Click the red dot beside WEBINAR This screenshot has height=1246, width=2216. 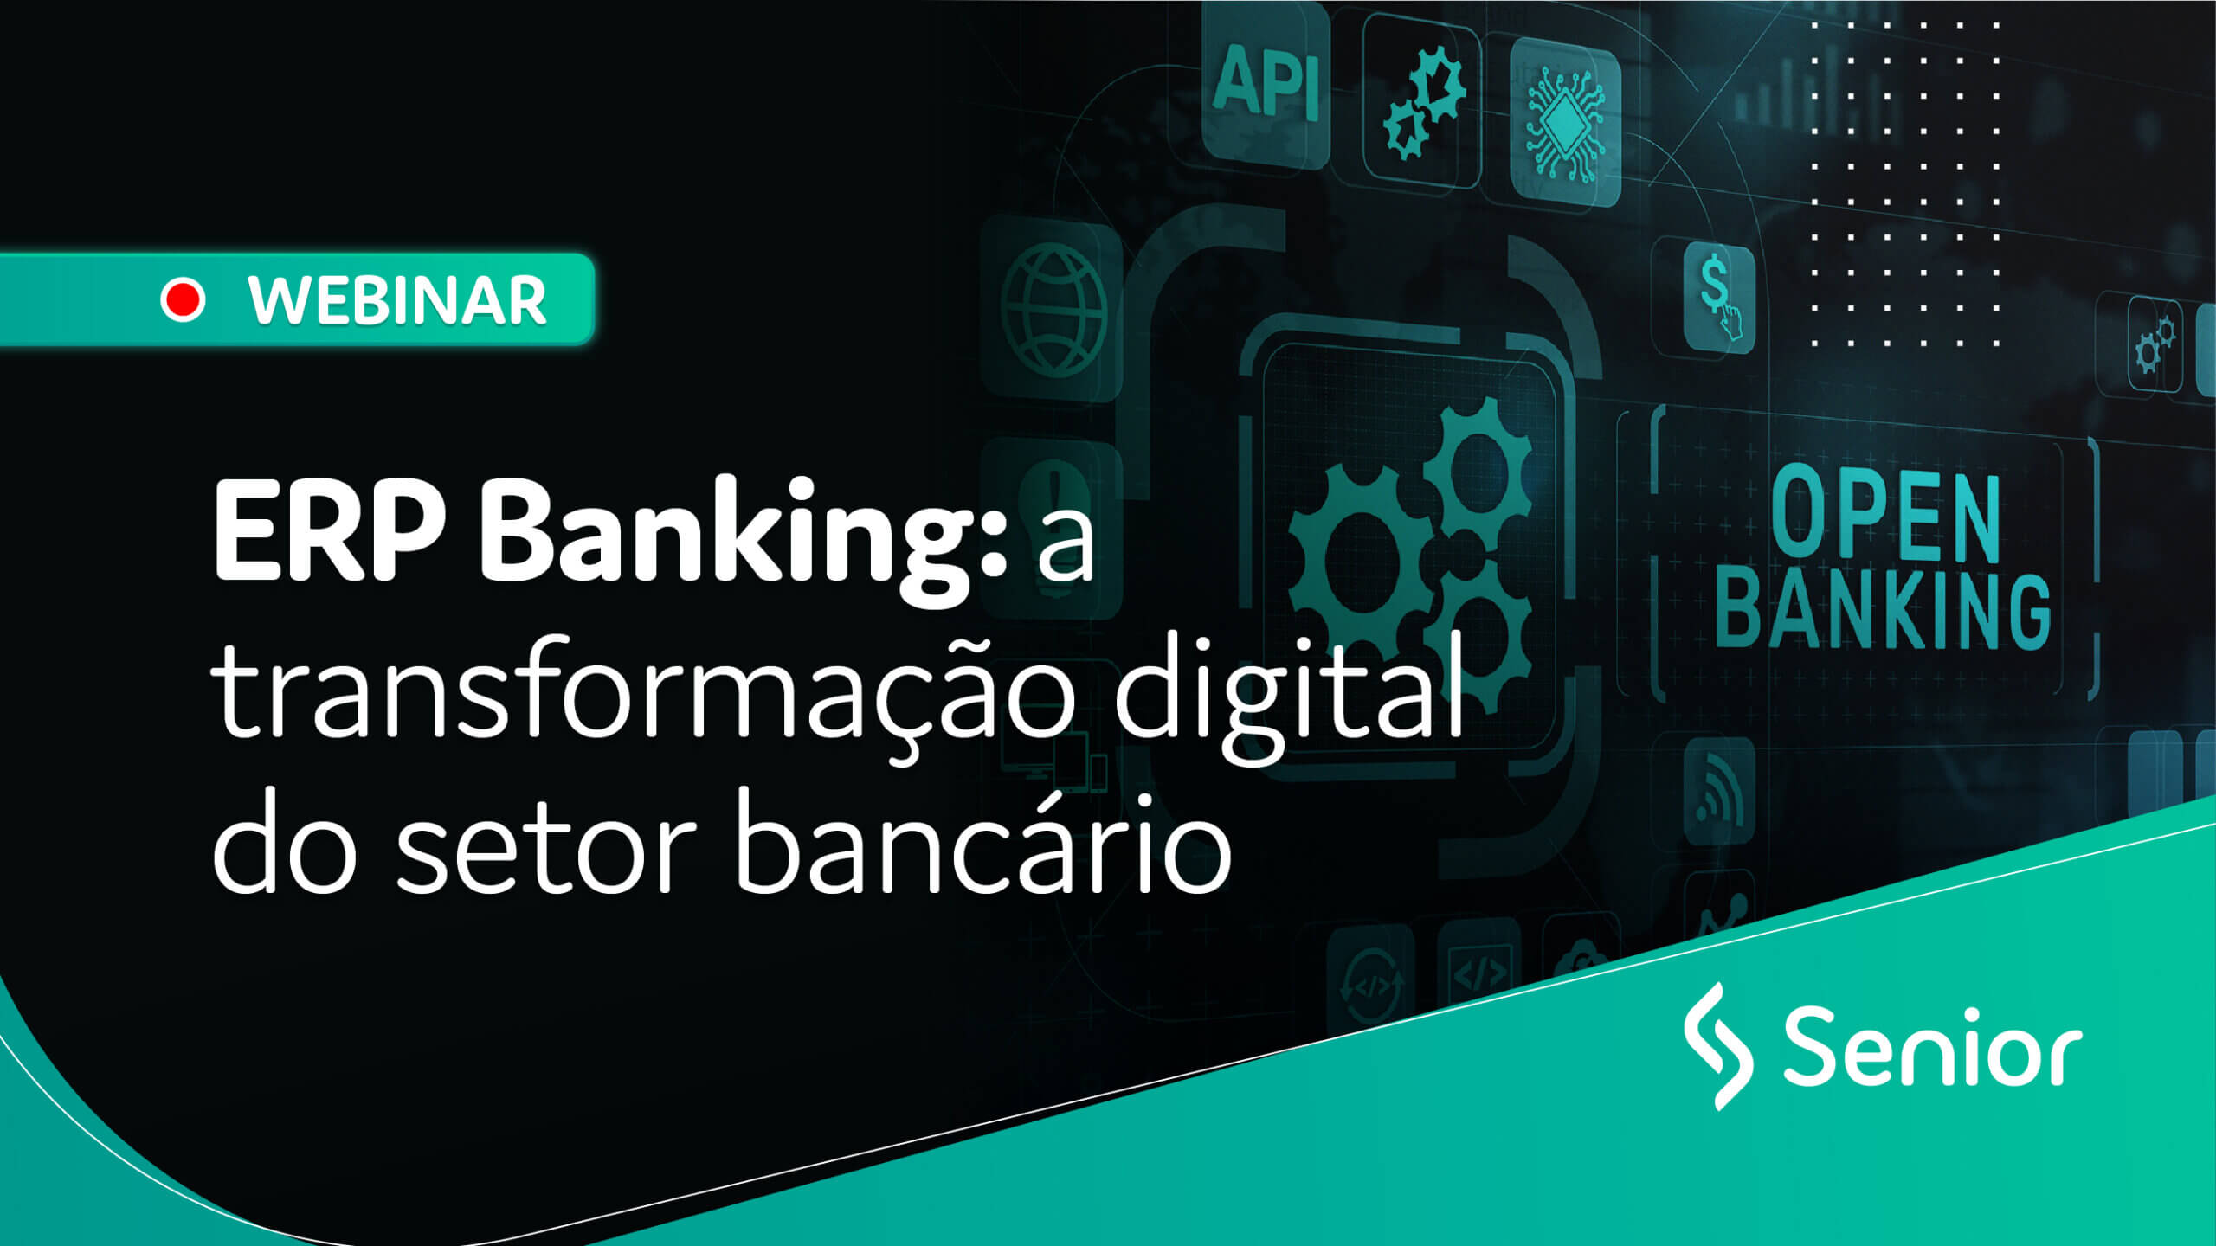point(183,300)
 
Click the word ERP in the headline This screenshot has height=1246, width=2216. point(329,530)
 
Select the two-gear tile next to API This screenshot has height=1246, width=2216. point(1422,100)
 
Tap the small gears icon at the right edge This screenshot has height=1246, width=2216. point(2155,344)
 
